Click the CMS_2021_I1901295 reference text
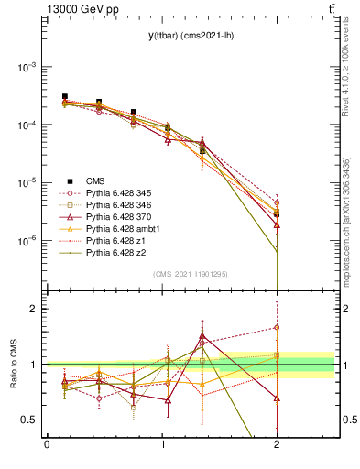point(191,274)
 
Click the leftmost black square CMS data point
point(65,96)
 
